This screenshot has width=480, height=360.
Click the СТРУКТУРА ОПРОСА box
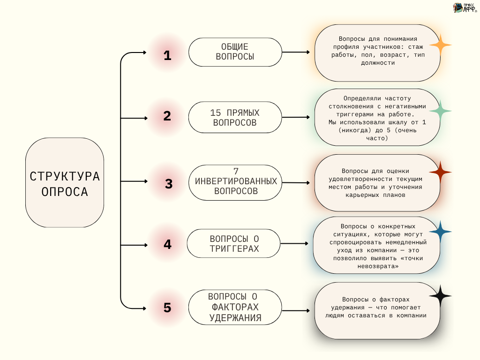pyautogui.click(x=65, y=182)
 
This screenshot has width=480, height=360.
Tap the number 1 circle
pyautogui.click(x=167, y=56)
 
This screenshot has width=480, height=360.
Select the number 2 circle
pyautogui.click(x=167, y=116)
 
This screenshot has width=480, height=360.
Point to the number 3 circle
pyautogui.click(x=169, y=184)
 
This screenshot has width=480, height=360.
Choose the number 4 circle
pyautogui.click(x=167, y=244)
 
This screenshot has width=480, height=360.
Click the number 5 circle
pyautogui.click(x=167, y=308)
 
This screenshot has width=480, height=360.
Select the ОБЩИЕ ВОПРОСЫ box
pyautogui.click(x=235, y=52)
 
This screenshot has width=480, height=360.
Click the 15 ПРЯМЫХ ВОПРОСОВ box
pyautogui.click(x=235, y=117)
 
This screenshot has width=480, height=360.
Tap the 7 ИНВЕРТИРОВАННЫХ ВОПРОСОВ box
pyautogui.click(x=235, y=182)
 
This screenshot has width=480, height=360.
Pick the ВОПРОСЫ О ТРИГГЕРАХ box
pyautogui.click(x=234, y=243)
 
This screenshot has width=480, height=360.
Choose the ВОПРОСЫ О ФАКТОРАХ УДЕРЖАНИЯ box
pyautogui.click(x=235, y=307)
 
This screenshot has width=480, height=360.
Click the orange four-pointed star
pyautogui.click(x=440, y=45)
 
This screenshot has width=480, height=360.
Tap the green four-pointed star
pyautogui.click(x=440, y=111)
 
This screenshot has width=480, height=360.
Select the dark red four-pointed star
pyautogui.click(x=440, y=172)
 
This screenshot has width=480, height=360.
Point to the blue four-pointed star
pyautogui.click(x=440, y=232)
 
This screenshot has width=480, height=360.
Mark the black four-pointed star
pyautogui.click(x=440, y=296)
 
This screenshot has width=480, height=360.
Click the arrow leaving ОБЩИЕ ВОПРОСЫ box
pyautogui.click(x=296, y=52)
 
